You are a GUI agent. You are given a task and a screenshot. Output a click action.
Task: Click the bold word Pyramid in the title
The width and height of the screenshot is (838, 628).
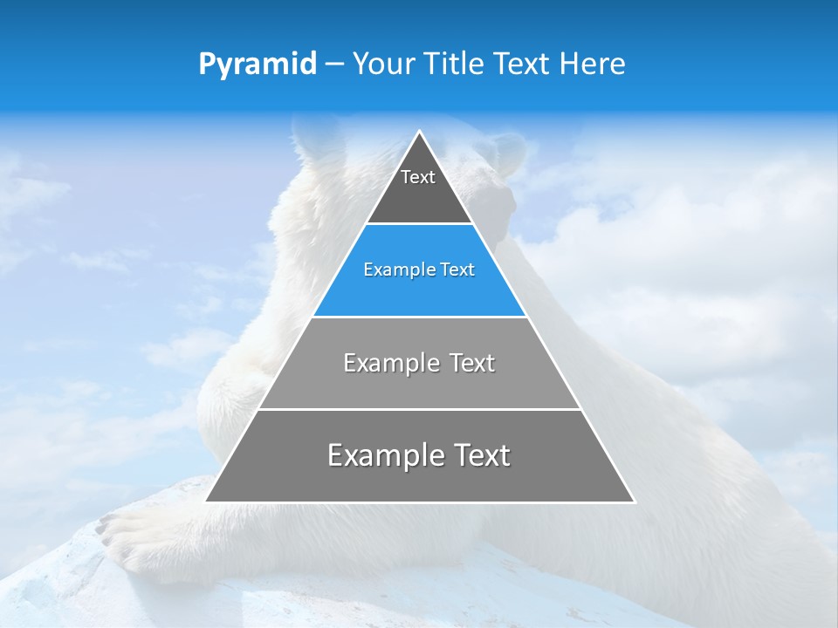258,65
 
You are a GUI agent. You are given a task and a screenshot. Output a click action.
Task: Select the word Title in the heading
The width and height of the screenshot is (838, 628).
457,64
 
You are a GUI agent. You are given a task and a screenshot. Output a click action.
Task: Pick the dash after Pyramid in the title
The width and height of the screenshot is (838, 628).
333,65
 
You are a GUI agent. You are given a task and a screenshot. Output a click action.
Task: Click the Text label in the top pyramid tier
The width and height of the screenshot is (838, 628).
418,177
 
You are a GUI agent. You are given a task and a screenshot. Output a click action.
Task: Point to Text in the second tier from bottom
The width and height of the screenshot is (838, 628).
472,364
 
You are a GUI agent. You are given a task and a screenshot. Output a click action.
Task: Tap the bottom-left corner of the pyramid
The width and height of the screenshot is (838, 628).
206,502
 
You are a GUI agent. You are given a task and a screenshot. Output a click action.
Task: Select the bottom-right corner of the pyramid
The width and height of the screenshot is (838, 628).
634,502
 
